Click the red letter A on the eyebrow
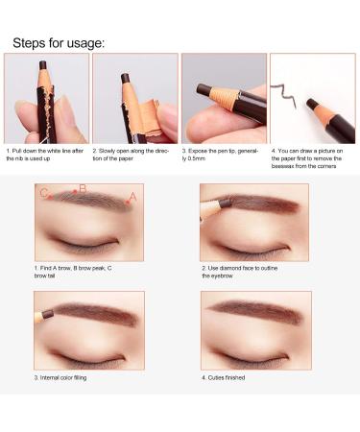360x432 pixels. coord(132,196)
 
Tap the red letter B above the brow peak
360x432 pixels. coord(83,188)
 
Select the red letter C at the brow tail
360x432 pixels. coord(44,194)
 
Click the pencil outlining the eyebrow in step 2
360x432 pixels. coord(213,205)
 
